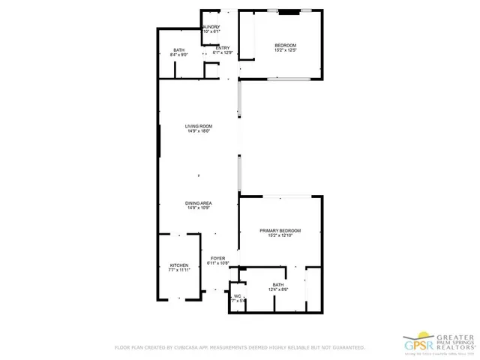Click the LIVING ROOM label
point(199,126)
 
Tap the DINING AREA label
point(199,203)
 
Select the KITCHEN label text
point(178,265)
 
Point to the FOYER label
point(217,258)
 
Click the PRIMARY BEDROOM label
point(280,230)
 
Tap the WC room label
point(237,295)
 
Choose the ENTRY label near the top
point(223,48)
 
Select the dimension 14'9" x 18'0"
point(199,131)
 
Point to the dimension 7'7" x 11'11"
point(178,271)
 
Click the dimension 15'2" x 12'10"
point(280,235)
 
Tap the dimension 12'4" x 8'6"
point(278,289)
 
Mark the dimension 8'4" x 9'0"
point(178,55)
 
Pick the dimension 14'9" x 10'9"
point(199,208)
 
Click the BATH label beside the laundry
point(178,50)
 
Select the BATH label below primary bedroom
point(278,284)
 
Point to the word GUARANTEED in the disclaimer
point(347,348)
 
